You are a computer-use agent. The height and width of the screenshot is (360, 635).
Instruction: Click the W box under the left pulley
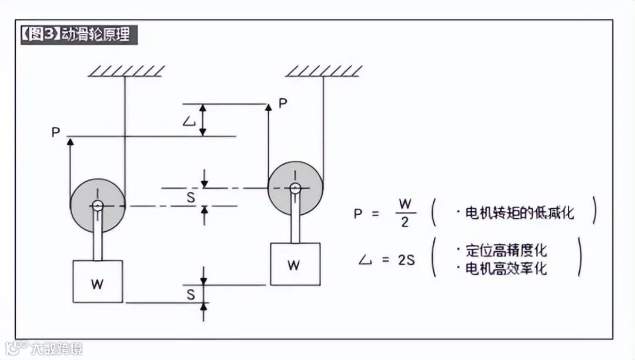pyautogui.click(x=98, y=282)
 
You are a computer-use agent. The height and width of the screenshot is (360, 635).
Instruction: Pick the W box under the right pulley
pyautogui.click(x=295, y=264)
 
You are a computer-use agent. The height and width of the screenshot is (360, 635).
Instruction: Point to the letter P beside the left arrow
pyautogui.click(x=56, y=132)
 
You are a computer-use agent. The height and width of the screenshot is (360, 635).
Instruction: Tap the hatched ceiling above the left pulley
pyautogui.click(x=126, y=71)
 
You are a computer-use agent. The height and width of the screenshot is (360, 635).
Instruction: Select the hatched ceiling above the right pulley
pyautogui.click(x=324, y=71)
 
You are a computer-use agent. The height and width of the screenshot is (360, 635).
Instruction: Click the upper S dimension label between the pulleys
pyautogui.click(x=190, y=198)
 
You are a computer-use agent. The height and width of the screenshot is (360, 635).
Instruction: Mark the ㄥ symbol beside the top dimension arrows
pyautogui.click(x=189, y=121)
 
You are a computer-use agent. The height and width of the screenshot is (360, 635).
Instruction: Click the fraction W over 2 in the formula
pyautogui.click(x=405, y=213)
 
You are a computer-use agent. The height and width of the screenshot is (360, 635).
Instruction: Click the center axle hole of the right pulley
pyautogui.click(x=295, y=188)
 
